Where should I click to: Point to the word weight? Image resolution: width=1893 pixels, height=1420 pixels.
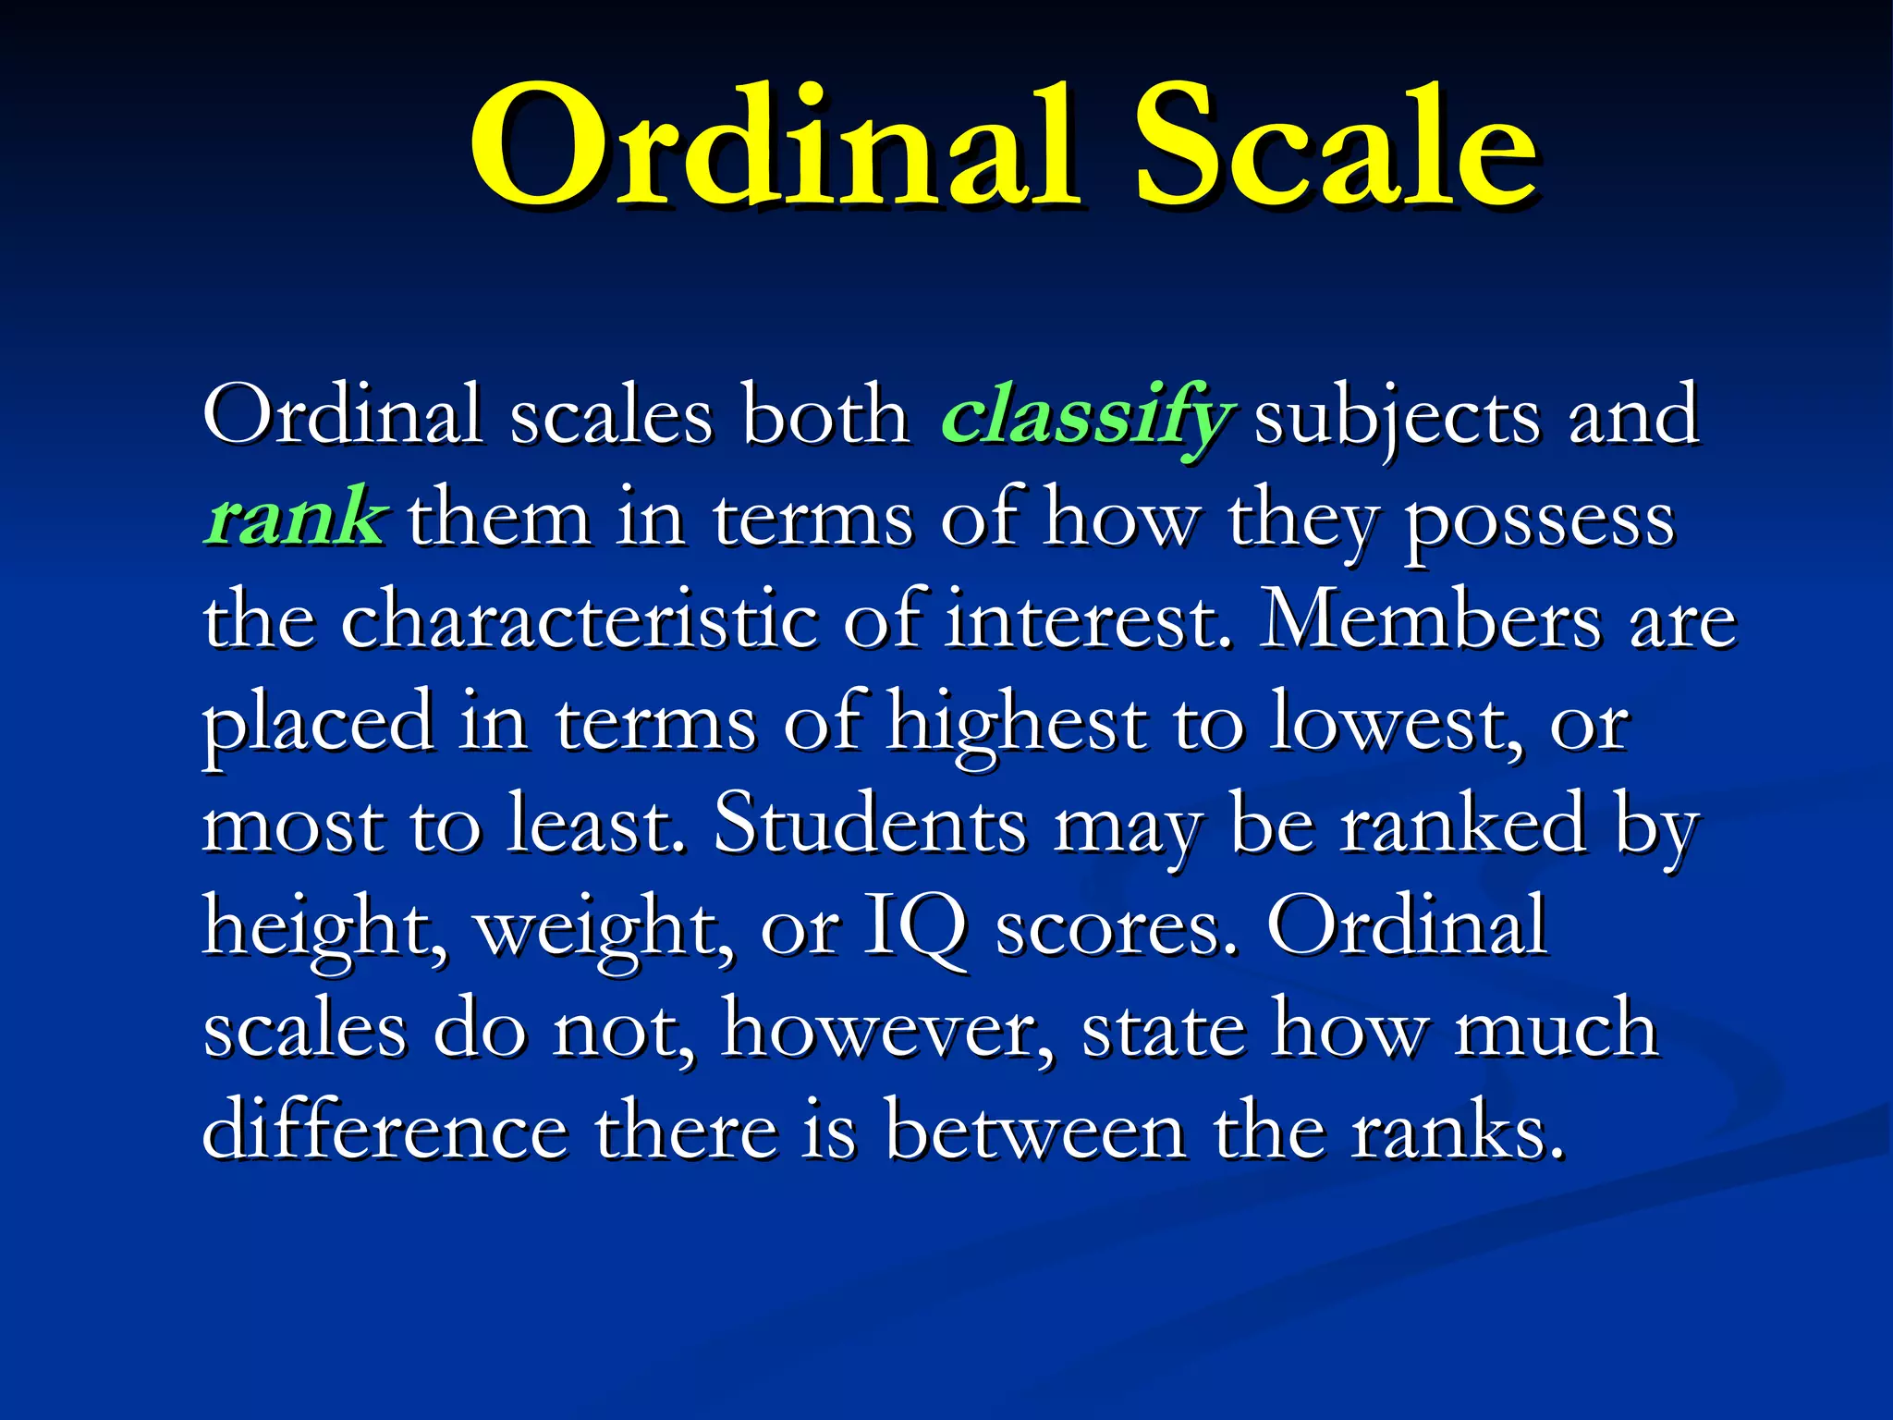[x=601, y=928]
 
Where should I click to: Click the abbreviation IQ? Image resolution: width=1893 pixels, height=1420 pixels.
[x=915, y=928]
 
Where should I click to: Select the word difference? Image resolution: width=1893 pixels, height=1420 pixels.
[x=385, y=1132]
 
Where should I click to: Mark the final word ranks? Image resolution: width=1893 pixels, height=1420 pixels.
[x=1455, y=1132]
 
